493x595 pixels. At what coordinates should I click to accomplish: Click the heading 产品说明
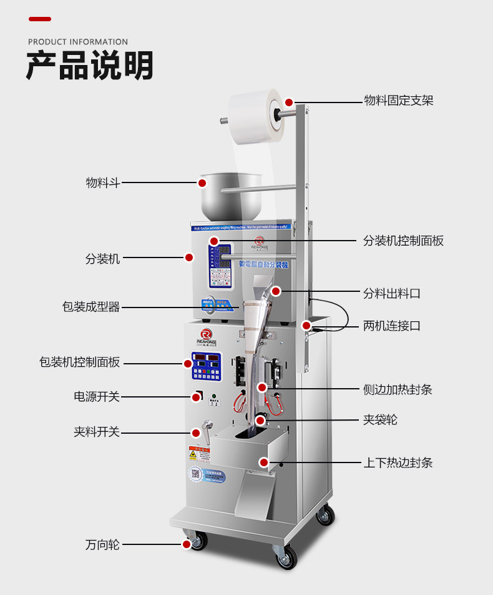pos(89,66)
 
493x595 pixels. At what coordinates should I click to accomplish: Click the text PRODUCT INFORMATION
pos(78,42)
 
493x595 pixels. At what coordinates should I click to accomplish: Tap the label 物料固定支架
pos(398,101)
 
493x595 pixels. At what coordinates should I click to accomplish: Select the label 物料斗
pos(102,183)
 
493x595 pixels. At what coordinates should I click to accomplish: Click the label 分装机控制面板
pos(403,241)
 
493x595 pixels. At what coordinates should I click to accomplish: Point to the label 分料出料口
pos(392,292)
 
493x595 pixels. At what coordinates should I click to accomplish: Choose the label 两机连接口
pos(392,326)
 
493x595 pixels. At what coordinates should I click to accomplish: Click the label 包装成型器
pos(90,307)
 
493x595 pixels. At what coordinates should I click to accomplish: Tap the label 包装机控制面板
pos(79,362)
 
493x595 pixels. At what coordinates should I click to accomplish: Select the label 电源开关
pos(96,396)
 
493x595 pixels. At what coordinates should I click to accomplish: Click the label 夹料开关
pos(96,432)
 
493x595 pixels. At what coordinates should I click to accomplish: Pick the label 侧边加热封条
pos(398,389)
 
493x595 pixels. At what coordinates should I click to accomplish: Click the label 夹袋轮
pos(380,419)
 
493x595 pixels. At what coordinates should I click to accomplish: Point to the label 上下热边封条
pos(398,462)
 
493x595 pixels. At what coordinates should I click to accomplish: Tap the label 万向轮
pos(102,544)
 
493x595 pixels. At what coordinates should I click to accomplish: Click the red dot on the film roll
pos(289,102)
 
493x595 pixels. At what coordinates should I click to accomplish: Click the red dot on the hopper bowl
pos(202,183)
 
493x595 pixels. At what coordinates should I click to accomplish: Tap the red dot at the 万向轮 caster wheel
pos(187,544)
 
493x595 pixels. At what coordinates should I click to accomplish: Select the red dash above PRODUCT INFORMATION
pos(40,19)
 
